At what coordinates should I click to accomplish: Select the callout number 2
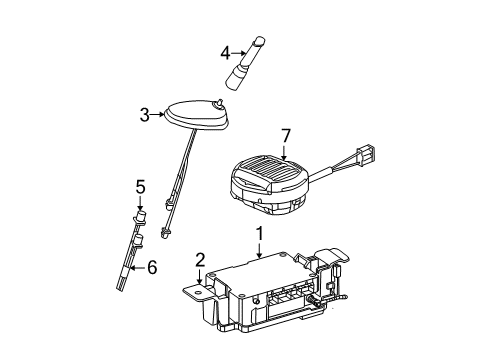[x=200, y=260]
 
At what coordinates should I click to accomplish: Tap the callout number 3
[x=144, y=115]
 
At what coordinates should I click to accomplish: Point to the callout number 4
[x=225, y=53]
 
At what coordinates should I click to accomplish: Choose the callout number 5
[x=140, y=187]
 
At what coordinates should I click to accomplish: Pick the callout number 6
[x=152, y=267]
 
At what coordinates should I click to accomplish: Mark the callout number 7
[x=286, y=136]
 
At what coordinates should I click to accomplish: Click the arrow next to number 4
[x=239, y=53]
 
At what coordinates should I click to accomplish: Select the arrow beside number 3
[x=157, y=115]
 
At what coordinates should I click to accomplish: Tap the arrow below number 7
[x=284, y=152]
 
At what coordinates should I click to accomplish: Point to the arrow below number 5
[x=140, y=203]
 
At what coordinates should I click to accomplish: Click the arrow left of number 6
[x=137, y=268]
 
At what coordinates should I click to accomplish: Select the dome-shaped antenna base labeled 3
[x=196, y=113]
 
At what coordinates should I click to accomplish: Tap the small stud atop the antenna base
[x=219, y=102]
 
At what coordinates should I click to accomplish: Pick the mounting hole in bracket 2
[x=197, y=293]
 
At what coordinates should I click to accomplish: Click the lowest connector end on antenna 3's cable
[x=165, y=233]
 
